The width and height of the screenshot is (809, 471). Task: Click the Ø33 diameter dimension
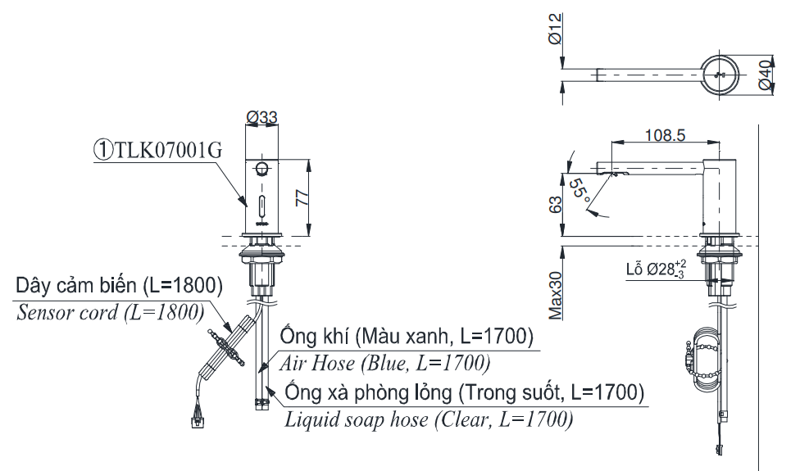point(261,117)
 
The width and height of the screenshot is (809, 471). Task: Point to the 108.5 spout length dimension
point(664,136)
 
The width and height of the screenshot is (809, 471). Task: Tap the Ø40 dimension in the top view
point(764,75)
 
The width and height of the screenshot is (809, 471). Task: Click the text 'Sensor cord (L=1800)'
point(109,311)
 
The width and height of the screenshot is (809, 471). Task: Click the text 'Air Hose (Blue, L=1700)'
point(385,361)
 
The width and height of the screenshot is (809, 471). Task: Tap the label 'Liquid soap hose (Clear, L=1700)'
point(429,420)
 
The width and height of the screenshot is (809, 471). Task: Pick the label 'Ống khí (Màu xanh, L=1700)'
point(407,336)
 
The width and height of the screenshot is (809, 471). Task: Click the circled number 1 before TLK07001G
point(102,150)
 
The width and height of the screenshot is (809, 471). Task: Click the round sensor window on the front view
point(261,170)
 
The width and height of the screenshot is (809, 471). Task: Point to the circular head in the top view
point(721,75)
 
